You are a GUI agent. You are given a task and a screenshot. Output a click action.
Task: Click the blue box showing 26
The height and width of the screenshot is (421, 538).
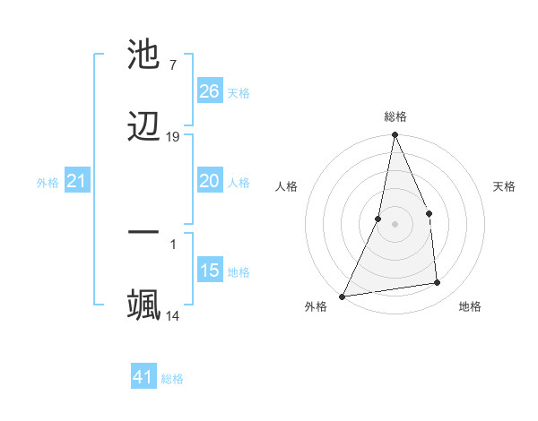[210, 91]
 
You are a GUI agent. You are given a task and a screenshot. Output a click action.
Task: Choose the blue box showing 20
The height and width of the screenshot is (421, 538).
[210, 181]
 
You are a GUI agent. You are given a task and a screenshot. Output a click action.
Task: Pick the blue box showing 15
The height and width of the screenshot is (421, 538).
[210, 271]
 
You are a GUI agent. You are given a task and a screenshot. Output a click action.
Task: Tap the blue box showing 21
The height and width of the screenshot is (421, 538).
[77, 182]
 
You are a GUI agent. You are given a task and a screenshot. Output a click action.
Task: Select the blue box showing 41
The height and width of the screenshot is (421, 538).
[143, 377]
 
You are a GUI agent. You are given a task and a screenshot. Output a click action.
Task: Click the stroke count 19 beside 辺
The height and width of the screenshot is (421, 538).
[173, 137]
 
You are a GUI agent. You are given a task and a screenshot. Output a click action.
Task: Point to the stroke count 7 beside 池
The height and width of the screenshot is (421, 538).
[172, 65]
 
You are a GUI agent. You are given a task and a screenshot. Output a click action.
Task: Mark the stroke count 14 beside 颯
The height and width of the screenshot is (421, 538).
[173, 315]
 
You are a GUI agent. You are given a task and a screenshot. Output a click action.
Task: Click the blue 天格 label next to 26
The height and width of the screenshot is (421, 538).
[239, 93]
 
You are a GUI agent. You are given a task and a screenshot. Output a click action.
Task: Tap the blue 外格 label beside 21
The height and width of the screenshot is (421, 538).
[48, 183]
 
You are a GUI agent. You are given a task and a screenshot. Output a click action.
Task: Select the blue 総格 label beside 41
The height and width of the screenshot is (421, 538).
[172, 379]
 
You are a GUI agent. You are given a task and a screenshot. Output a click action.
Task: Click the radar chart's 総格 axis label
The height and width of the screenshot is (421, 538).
[395, 116]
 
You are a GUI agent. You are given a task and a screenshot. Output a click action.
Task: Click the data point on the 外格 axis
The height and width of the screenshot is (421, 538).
[342, 296]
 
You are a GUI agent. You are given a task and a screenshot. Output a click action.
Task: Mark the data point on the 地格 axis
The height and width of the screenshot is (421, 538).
[438, 282]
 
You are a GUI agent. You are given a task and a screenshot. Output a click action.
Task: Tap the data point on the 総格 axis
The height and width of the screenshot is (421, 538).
[395, 135]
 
